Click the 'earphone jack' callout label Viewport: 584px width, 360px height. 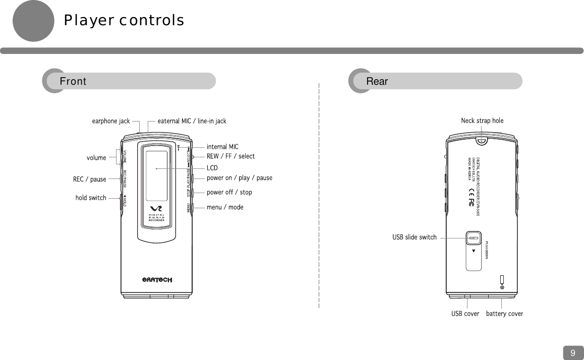[x=110, y=121]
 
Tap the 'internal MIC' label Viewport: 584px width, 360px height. [x=222, y=147]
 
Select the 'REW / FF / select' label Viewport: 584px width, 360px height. [x=230, y=156]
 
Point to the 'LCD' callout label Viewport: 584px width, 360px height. [x=212, y=167]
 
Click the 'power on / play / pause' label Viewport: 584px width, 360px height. [x=239, y=178]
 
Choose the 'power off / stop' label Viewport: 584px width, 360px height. [x=229, y=192]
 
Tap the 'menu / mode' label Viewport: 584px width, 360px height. [x=225, y=207]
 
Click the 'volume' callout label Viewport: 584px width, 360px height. [x=96, y=158]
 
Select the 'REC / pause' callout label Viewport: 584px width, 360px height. [x=89, y=179]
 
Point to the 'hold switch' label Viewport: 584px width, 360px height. [x=91, y=198]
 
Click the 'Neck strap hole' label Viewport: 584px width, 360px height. [x=482, y=121]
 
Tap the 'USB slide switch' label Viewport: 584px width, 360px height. [x=414, y=237]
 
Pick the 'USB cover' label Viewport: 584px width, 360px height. [x=465, y=314]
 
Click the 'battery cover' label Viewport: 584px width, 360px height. [x=504, y=314]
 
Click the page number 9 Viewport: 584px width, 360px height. [x=573, y=353]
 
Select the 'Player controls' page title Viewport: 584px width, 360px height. [x=124, y=21]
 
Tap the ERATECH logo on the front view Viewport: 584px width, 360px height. [x=157, y=280]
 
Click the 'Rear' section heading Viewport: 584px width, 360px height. [x=377, y=81]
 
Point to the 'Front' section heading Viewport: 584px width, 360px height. [x=73, y=81]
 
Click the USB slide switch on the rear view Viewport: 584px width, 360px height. [x=473, y=237]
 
